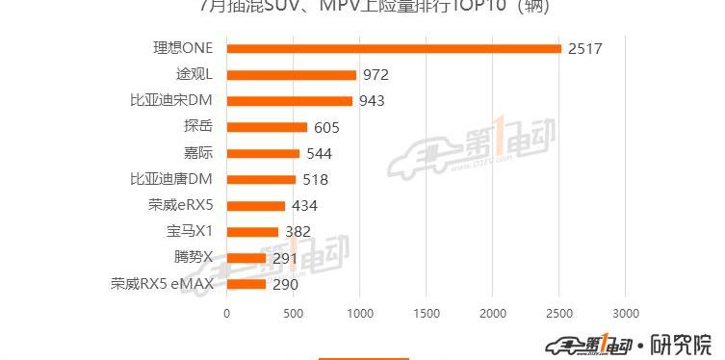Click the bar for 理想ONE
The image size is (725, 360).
click(x=394, y=48)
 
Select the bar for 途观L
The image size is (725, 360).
click(x=292, y=74)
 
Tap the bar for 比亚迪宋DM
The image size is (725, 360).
click(x=290, y=100)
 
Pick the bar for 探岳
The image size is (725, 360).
click(x=267, y=126)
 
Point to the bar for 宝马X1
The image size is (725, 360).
click(x=252, y=231)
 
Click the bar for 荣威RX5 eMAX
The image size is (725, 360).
click(x=246, y=284)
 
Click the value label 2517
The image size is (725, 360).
click(x=584, y=48)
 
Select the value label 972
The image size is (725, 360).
click(x=375, y=74)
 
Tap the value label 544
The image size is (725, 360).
click(x=319, y=153)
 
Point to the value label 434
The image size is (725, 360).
click(x=304, y=205)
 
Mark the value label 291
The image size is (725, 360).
click(x=285, y=258)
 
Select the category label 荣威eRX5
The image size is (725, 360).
click(x=180, y=205)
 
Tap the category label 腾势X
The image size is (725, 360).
click(x=193, y=258)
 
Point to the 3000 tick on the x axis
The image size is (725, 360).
click(x=626, y=312)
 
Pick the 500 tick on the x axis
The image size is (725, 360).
click(x=294, y=312)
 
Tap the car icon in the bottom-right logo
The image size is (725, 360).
click(x=564, y=345)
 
